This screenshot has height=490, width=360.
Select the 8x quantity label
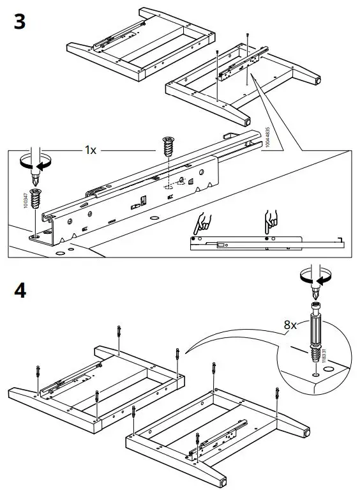291,325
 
